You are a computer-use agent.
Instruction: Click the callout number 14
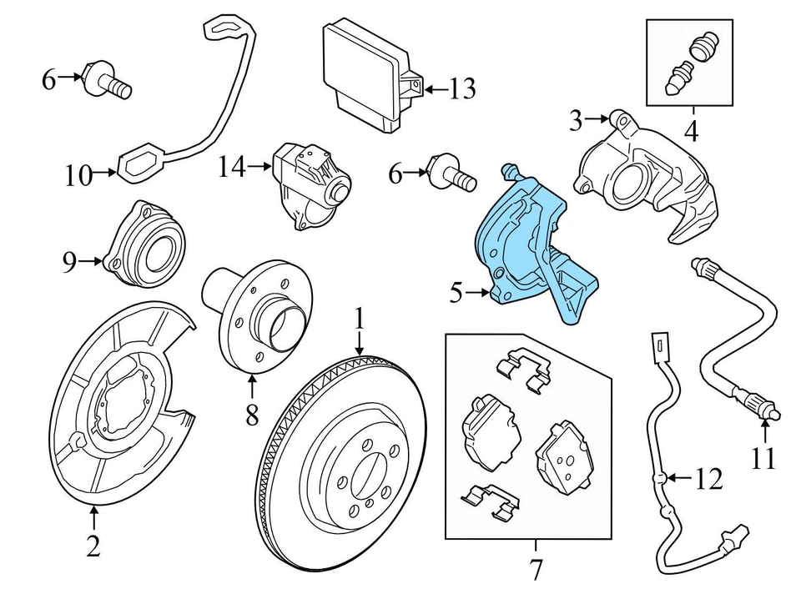tap(232, 167)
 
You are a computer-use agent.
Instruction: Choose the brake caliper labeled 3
tap(647, 175)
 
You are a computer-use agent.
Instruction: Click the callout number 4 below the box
tap(690, 131)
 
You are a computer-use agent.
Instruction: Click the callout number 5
tap(456, 293)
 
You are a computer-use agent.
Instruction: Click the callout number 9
tap(70, 263)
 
